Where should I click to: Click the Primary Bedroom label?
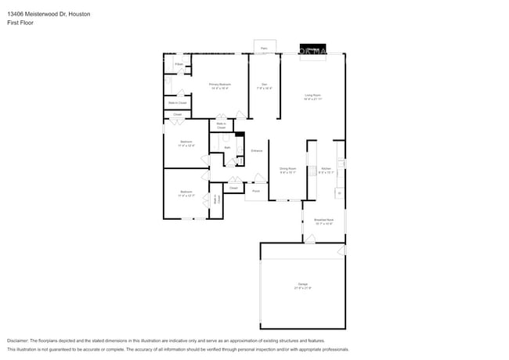pos(218,85)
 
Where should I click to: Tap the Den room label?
pos(265,85)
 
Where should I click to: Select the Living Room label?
pos(313,96)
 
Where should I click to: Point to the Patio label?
pos(264,49)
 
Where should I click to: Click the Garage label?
pos(302,284)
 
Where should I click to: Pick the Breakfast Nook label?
pos(324,221)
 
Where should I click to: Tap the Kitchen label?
pos(326,169)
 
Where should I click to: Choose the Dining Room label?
pos(287,169)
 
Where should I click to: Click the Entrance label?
pos(256,150)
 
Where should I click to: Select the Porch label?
pos(255,191)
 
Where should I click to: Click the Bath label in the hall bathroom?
pos(227,147)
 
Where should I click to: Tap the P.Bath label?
pos(179,63)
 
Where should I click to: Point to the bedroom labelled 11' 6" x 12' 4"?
pos(186,143)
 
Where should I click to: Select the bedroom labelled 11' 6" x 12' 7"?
pos(186,193)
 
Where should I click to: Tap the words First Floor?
pos(20,23)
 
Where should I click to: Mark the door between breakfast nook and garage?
pos(310,238)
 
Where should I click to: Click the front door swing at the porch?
pos(258,178)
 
